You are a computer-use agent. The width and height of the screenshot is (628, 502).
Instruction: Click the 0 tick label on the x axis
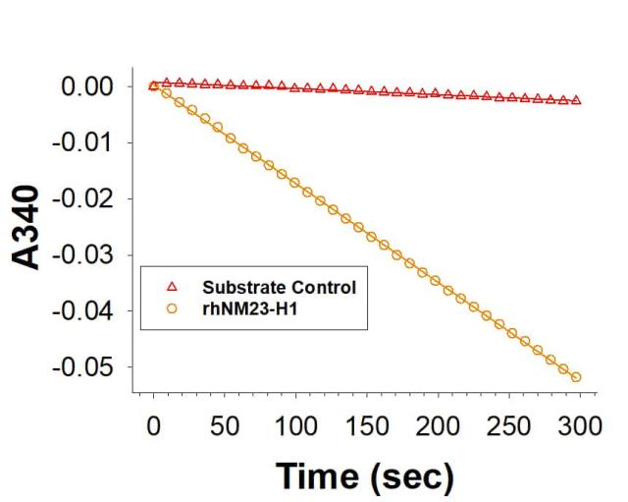[x=153, y=426]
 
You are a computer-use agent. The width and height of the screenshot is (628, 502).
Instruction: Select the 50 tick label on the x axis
[x=225, y=426]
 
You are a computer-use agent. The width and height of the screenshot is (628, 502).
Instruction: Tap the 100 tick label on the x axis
[x=295, y=426]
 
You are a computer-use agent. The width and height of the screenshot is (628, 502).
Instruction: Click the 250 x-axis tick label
[x=508, y=426]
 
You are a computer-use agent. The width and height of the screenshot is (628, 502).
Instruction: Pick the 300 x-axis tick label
[x=579, y=426]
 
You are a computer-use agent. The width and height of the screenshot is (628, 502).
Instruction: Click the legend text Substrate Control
[x=279, y=288]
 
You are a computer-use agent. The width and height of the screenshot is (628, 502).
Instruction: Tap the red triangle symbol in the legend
[x=173, y=288]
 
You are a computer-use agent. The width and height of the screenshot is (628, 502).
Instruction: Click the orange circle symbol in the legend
[x=173, y=307]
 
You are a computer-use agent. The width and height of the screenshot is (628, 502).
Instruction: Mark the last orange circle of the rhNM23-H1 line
[x=576, y=376]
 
